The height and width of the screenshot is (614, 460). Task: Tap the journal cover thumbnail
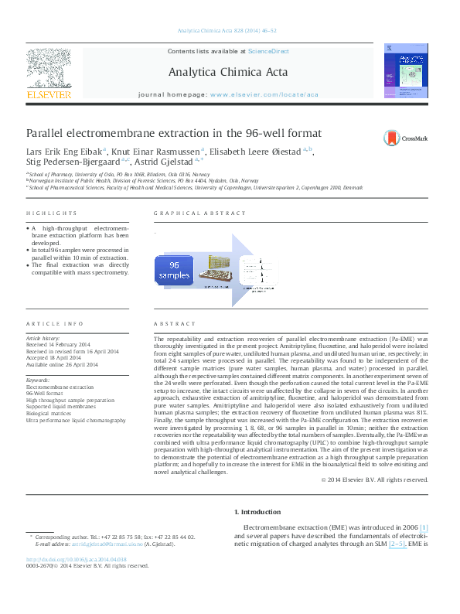coord(407,71)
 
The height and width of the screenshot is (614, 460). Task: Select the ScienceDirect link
coord(268,51)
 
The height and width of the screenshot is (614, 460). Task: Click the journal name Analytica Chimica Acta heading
coord(227,73)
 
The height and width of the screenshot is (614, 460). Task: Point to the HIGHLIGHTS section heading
coord(46,213)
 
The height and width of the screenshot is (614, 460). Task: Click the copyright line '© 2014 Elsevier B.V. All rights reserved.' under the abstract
coord(374,479)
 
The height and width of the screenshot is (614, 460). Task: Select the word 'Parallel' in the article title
coord(49,133)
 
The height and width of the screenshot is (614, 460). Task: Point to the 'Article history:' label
coord(46,339)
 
